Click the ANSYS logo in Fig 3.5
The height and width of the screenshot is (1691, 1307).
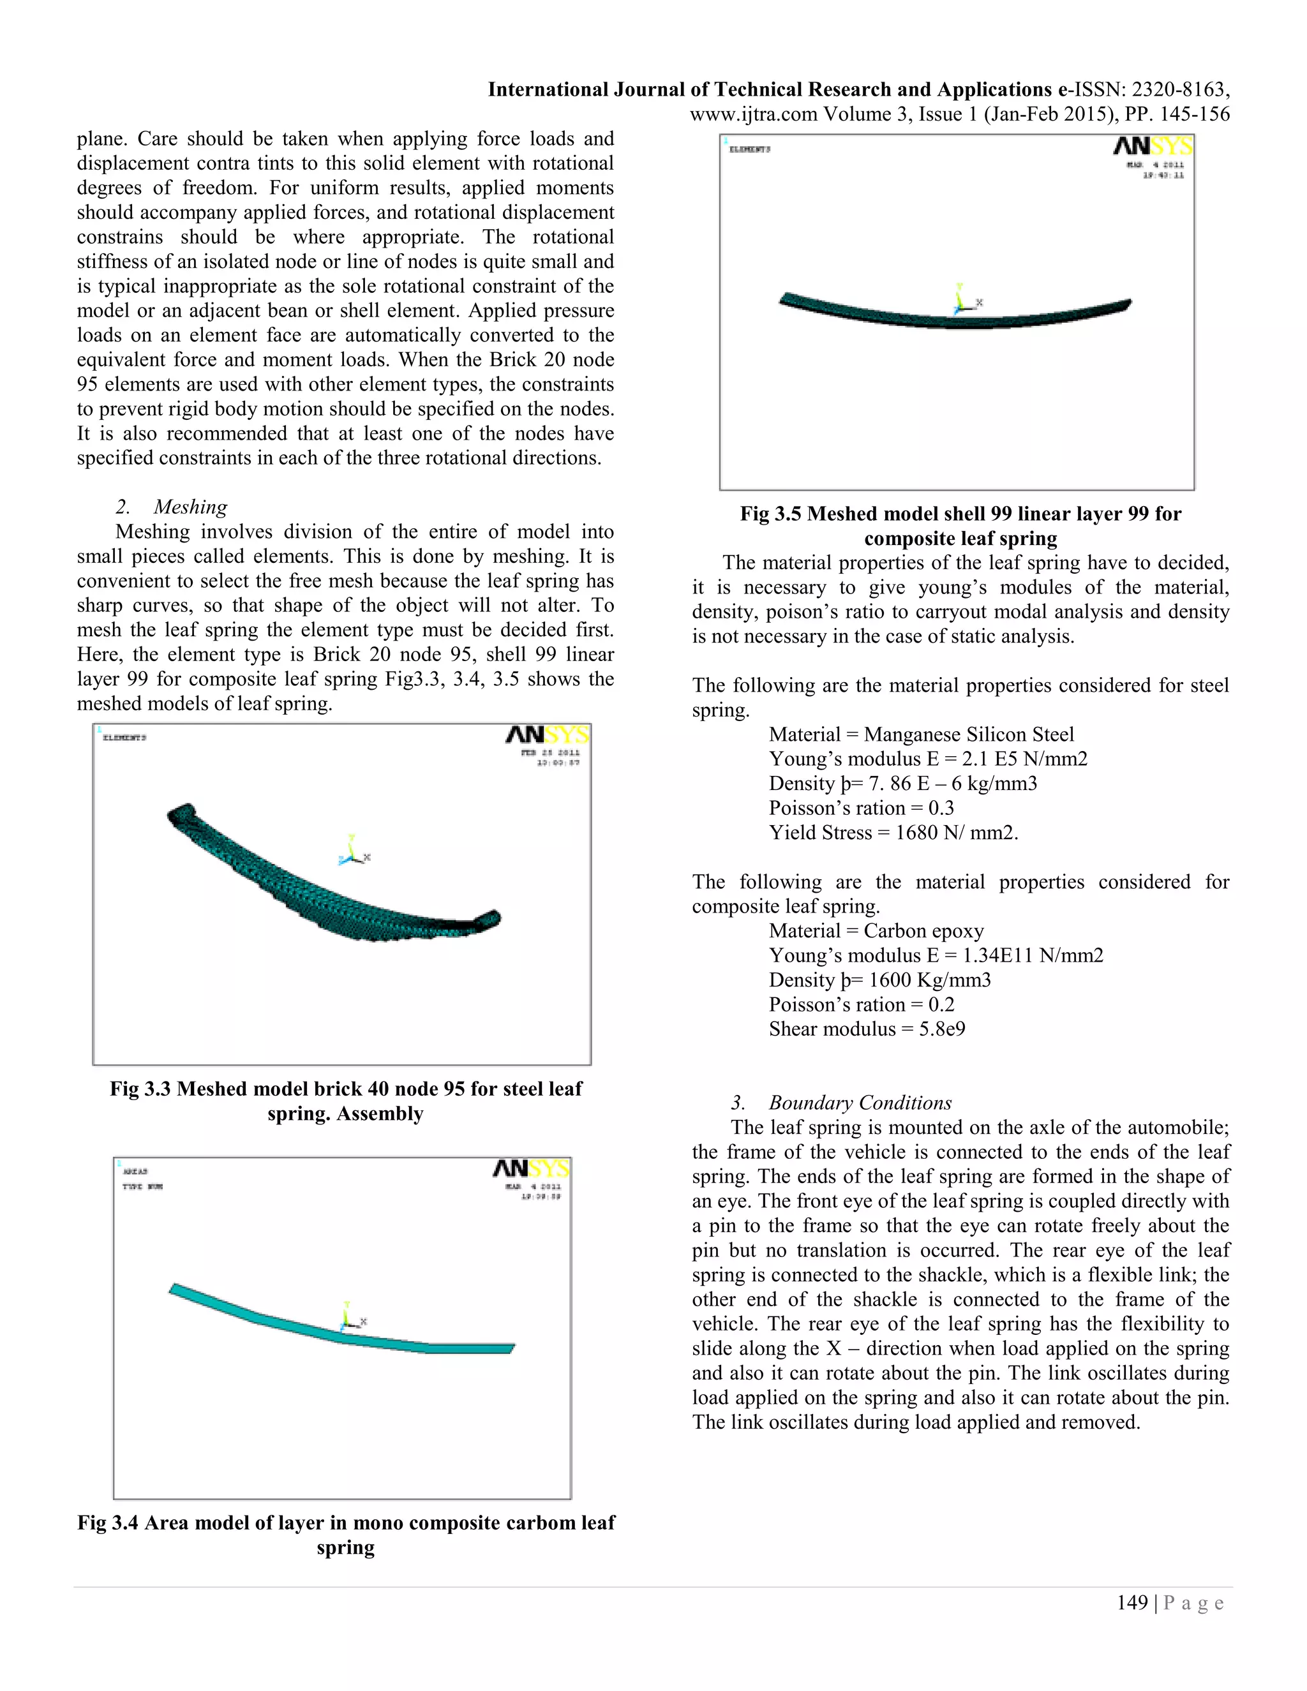coord(1152,145)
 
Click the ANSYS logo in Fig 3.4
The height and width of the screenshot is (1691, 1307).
coord(531,1168)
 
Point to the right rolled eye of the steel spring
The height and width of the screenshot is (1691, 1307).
coord(489,919)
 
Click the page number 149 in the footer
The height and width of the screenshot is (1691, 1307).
coord(1131,1603)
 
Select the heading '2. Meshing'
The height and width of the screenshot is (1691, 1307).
coord(171,507)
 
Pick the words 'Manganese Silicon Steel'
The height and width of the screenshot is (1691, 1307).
coord(969,734)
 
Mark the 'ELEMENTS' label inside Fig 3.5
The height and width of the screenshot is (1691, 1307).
coord(749,149)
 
